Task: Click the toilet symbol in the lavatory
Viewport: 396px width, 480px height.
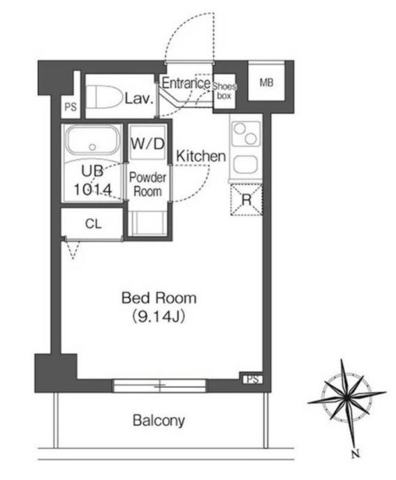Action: click(102, 96)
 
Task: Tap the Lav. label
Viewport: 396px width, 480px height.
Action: click(138, 99)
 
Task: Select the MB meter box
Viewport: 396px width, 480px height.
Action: click(266, 82)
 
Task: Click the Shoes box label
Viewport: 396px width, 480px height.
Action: click(224, 91)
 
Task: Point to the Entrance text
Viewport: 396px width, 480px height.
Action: click(186, 83)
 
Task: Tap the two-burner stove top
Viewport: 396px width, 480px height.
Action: click(246, 133)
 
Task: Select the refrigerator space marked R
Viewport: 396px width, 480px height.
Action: click(247, 200)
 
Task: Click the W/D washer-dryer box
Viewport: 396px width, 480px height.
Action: click(147, 143)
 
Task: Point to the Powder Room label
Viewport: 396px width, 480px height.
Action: click(147, 184)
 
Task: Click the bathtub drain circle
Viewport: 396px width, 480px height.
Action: click(92, 147)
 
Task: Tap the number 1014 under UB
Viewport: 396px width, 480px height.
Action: click(93, 190)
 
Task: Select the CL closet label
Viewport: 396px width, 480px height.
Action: click(94, 224)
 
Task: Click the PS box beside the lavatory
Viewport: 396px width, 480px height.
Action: click(71, 107)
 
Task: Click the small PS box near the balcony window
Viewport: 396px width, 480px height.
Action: click(253, 379)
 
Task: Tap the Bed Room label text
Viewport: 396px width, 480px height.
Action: click(159, 298)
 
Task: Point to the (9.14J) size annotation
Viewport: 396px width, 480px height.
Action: click(159, 317)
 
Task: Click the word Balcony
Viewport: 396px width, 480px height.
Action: click(159, 421)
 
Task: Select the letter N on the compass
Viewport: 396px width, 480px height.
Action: click(355, 453)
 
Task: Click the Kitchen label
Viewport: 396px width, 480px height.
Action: click(201, 156)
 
